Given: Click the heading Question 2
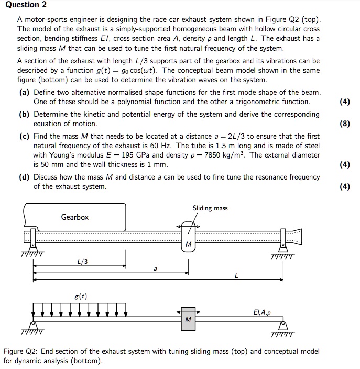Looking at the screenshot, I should [24, 5].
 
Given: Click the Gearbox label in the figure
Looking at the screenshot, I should [75, 217].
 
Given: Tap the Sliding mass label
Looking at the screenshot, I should [210, 208].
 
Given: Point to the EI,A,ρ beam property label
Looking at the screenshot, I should [263, 312].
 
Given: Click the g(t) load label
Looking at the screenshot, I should [81, 296].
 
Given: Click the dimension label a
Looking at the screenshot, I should [155, 269].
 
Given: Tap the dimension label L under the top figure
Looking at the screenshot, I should [236, 277].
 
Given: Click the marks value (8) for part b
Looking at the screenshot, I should [344, 124].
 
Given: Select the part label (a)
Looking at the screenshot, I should [24, 92].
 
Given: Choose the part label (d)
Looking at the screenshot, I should [24, 177].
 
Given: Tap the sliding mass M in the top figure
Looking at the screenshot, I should [188, 244].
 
